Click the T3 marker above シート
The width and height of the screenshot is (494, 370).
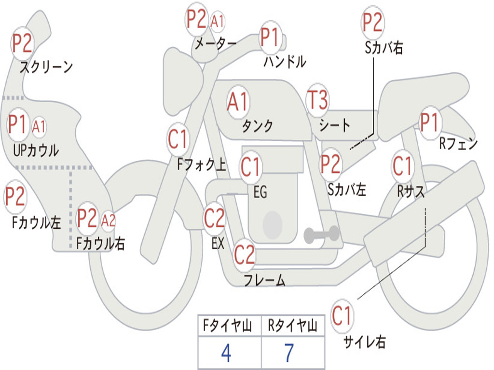pos(317,99)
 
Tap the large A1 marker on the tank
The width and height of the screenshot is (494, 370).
pos(238,102)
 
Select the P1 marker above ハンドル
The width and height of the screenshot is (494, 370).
pos(271,37)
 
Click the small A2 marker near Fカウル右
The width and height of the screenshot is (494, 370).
pos(109,221)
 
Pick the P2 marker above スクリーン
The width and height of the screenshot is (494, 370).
pos(22,43)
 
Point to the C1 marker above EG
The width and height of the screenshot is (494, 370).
pos(250,167)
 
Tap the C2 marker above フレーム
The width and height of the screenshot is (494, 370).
pos(244,254)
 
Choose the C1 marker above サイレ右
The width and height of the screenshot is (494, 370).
pos(342,315)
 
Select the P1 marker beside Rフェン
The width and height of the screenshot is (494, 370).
pos(430,122)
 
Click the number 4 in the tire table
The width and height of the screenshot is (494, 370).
pos(226,353)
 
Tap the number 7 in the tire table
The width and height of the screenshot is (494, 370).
pos(289,353)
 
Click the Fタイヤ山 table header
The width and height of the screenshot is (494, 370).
pos(228,326)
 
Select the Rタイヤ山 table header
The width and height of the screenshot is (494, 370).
pos(292,326)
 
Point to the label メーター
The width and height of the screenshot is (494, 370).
pos(216,43)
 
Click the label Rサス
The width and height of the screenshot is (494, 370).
pos(411,191)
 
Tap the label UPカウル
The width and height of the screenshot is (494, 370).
pos(36,150)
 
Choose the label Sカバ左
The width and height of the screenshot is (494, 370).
pos(347,189)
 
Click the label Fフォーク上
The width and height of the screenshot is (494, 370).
pos(202,164)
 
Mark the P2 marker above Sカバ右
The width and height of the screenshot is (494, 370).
pos(373,22)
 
